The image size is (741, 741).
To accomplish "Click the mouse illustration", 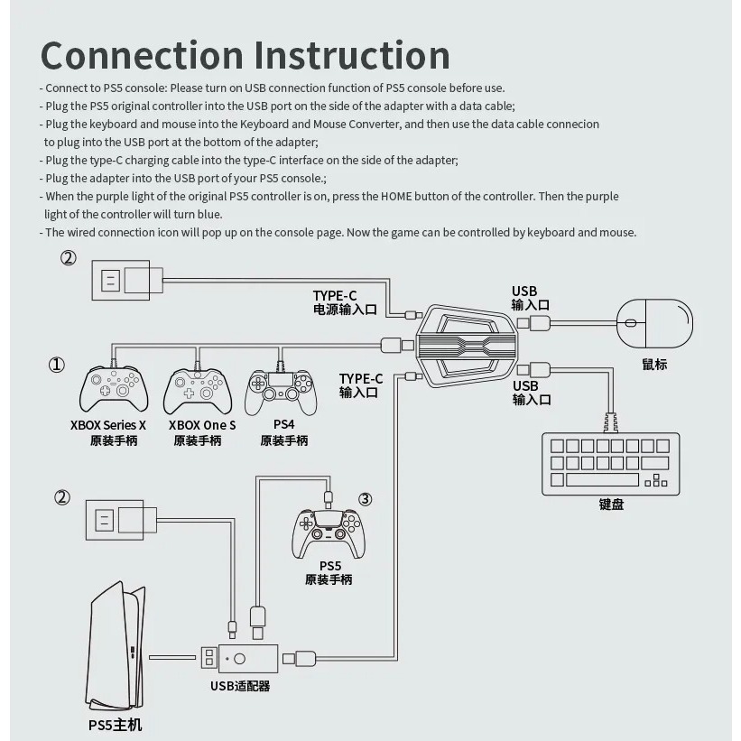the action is [654, 324].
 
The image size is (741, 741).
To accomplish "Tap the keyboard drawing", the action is [610, 464].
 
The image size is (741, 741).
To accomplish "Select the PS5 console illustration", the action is [116, 646].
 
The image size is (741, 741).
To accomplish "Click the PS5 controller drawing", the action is [329, 533].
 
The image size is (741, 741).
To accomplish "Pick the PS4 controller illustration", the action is [281, 393].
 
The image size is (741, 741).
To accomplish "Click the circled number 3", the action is [366, 499].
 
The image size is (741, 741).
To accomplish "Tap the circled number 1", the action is [57, 365].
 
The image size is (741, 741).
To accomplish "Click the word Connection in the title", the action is [142, 56].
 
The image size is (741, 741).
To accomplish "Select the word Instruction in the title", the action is [352, 56].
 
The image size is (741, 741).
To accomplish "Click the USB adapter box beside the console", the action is [247, 658].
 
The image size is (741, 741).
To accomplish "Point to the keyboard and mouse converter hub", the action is [467, 347].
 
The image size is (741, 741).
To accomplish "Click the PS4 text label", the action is [284, 424].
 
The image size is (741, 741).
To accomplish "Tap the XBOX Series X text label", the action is [108, 425].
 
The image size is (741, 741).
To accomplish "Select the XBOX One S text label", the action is [202, 425].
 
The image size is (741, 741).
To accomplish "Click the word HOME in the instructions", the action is [396, 197].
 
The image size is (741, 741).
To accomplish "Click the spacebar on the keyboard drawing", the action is [602, 479].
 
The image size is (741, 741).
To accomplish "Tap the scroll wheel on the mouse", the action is [630, 323].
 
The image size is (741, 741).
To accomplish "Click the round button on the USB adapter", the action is [239, 658].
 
